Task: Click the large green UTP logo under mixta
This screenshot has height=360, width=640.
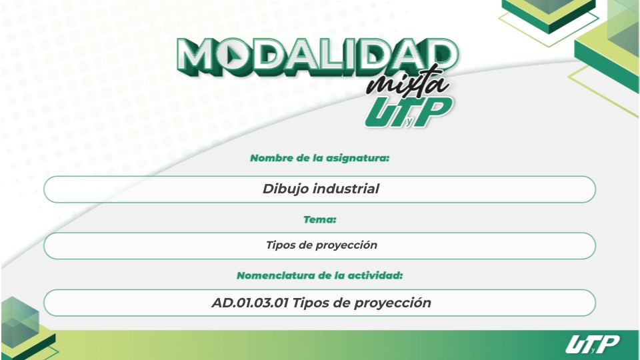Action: click(x=408, y=111)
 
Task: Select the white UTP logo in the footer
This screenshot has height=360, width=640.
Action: click(x=592, y=345)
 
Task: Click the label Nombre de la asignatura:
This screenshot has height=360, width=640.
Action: click(x=320, y=159)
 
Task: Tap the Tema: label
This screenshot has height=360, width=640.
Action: click(x=320, y=219)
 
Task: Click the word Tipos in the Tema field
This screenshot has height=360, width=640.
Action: click(x=280, y=245)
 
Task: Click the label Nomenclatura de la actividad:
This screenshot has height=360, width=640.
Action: click(x=320, y=275)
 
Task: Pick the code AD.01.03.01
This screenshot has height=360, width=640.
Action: click(x=249, y=303)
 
